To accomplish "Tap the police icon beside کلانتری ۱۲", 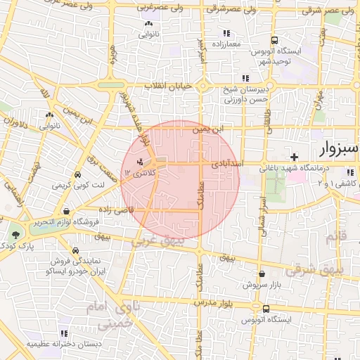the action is (x=129, y=162).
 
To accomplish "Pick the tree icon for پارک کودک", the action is (x=15, y=234).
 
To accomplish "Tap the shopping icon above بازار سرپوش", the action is (x=262, y=274).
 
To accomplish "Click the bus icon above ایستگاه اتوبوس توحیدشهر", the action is (x=274, y=40).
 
